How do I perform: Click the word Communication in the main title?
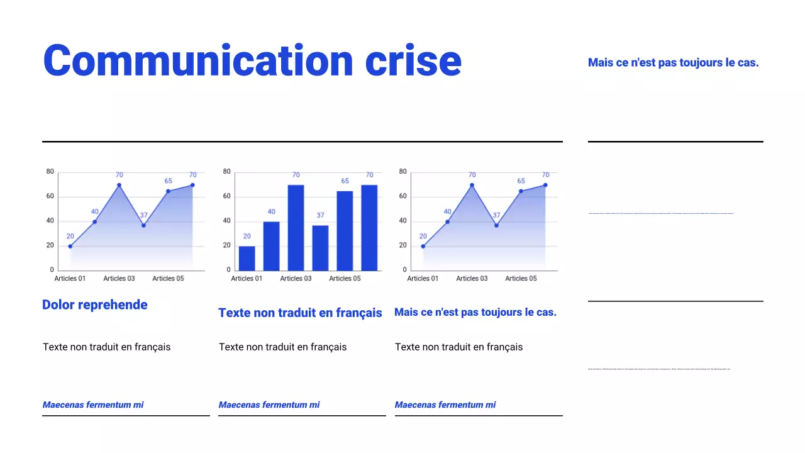pyautogui.click(x=198, y=60)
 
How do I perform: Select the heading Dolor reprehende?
pyautogui.click(x=95, y=305)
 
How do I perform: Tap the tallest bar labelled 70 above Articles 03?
pyautogui.click(x=296, y=227)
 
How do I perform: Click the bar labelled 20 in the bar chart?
pyautogui.click(x=247, y=259)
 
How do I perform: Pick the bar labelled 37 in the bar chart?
pyautogui.click(x=320, y=248)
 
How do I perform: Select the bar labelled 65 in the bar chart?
pyautogui.click(x=345, y=231)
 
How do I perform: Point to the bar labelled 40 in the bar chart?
pyautogui.click(x=271, y=246)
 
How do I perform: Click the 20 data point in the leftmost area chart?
pyautogui.click(x=70, y=246)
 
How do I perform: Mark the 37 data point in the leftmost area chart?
pyautogui.click(x=143, y=225)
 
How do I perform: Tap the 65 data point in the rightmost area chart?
pyautogui.click(x=521, y=191)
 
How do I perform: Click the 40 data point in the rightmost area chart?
pyautogui.click(x=447, y=221)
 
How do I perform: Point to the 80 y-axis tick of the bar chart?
pyautogui.click(x=226, y=172)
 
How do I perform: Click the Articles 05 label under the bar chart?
pyautogui.click(x=345, y=278)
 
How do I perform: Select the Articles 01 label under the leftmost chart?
pyautogui.click(x=70, y=278)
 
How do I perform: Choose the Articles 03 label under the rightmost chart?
pyautogui.click(x=472, y=278)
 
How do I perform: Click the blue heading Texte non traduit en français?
pyautogui.click(x=300, y=313)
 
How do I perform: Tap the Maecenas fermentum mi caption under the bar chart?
pyautogui.click(x=269, y=405)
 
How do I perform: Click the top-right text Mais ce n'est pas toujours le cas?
pyautogui.click(x=673, y=62)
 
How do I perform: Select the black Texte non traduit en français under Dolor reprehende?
pyautogui.click(x=106, y=347)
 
